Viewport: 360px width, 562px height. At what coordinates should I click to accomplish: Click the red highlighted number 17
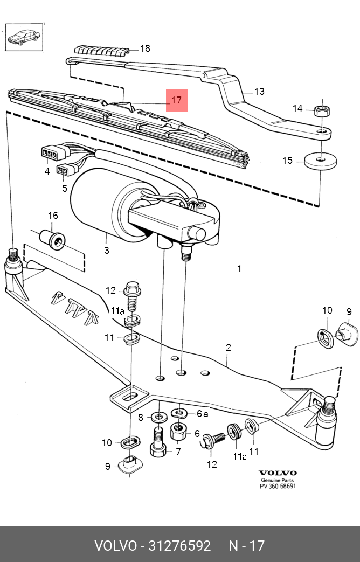click(x=177, y=100)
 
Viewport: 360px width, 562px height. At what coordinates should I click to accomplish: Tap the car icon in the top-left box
click(x=24, y=38)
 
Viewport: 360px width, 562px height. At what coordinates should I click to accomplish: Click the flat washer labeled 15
click(x=320, y=160)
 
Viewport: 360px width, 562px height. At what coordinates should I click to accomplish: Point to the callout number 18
click(x=145, y=48)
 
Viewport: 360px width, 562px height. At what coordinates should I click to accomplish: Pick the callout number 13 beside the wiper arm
click(x=259, y=92)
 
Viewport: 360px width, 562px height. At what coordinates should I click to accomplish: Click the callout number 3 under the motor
click(x=107, y=250)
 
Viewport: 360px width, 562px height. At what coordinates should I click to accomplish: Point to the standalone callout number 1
click(x=239, y=269)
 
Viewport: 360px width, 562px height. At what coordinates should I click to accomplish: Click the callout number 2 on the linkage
click(x=229, y=348)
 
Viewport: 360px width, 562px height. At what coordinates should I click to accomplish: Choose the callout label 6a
click(x=202, y=414)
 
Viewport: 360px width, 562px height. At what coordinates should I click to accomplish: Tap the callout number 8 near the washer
click(x=141, y=417)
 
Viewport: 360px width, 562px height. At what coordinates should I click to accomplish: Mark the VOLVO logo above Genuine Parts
click(x=278, y=473)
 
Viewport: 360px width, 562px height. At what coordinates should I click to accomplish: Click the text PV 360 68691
click(x=278, y=486)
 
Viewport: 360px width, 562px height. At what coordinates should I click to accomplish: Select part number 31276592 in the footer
click(x=176, y=545)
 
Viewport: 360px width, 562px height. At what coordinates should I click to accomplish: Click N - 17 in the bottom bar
click(x=246, y=545)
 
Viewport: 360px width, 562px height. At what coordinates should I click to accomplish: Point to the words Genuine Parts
click(x=278, y=480)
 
